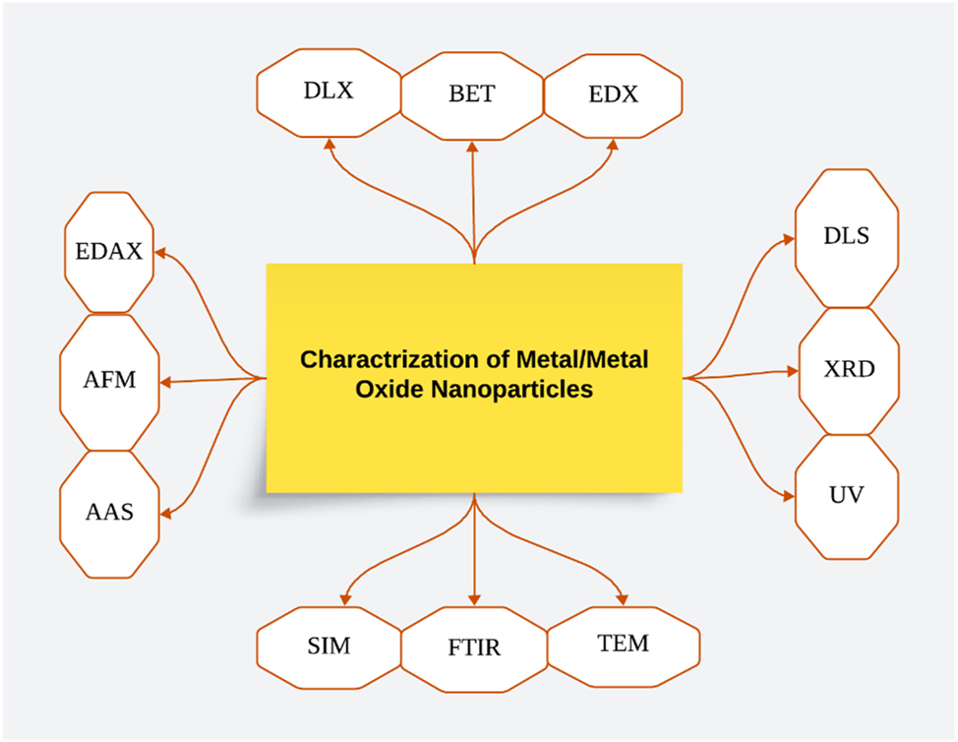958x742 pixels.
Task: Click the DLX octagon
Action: pos(328,93)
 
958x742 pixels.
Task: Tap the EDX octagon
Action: pos(614,94)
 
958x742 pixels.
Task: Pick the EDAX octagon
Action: pos(108,252)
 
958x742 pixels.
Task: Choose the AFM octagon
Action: pos(108,381)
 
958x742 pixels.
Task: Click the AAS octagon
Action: pos(108,513)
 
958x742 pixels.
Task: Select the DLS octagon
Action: pos(846,237)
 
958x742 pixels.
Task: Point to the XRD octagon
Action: pos(846,371)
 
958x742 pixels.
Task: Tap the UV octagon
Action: pos(846,495)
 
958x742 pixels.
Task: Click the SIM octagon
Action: pos(328,647)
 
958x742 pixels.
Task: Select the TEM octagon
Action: pos(623,644)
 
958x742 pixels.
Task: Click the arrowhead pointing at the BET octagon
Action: pos(472,147)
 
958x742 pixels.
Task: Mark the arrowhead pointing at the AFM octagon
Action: pos(165,382)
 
